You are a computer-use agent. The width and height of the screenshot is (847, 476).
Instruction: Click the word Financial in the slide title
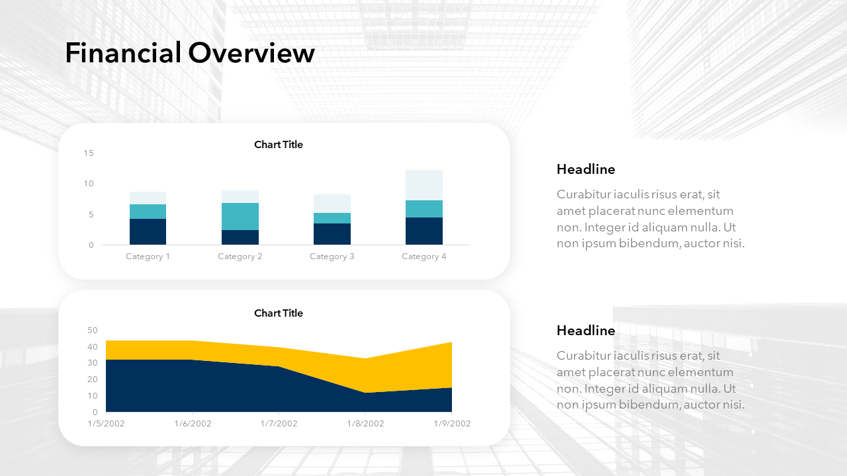(x=123, y=52)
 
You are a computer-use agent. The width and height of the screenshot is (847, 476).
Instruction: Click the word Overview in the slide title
(x=251, y=52)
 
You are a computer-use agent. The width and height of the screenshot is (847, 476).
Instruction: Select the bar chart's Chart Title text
(x=279, y=145)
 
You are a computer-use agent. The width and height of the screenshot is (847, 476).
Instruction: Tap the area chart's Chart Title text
(x=279, y=313)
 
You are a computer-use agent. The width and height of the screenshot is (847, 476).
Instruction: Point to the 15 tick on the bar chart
(x=89, y=153)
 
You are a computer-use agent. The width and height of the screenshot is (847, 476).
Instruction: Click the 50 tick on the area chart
(x=92, y=330)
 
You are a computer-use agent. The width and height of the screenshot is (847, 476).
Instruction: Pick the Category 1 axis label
(x=148, y=257)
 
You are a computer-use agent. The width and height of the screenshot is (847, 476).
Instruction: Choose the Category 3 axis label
(x=332, y=257)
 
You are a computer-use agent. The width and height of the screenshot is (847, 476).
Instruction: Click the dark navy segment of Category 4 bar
(x=424, y=231)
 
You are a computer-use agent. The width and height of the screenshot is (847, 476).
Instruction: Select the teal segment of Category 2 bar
(x=240, y=216)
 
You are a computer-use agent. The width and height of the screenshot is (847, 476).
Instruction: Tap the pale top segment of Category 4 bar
(x=424, y=185)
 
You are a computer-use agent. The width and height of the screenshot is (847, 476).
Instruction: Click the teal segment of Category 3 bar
(x=332, y=218)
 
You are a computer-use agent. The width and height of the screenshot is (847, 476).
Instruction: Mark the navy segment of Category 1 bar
(x=148, y=232)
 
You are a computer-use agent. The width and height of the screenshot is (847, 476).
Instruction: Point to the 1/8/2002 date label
(x=366, y=424)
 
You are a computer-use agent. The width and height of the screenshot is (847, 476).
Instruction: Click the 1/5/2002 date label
(x=107, y=424)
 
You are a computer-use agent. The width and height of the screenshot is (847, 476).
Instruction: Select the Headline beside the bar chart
(x=586, y=169)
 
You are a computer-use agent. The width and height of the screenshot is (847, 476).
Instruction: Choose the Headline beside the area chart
(x=586, y=331)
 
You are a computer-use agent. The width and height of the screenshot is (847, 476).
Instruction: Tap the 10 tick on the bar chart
(x=89, y=184)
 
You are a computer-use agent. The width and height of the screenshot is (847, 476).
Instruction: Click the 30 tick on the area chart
(x=92, y=363)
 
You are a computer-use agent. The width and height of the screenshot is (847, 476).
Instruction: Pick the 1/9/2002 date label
(x=452, y=424)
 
